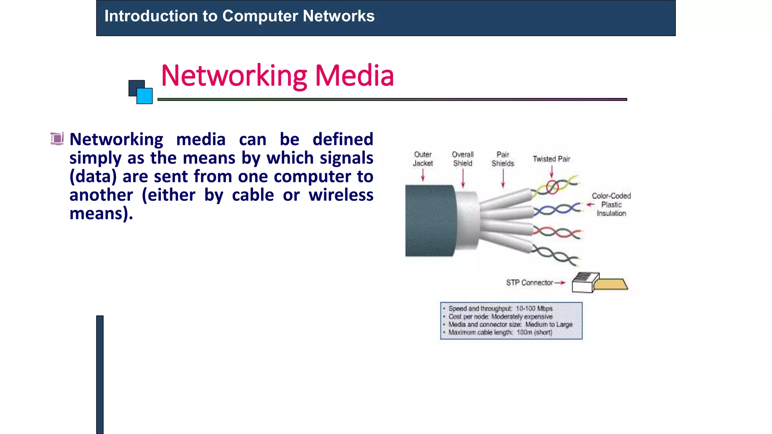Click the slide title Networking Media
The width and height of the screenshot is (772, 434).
click(x=277, y=76)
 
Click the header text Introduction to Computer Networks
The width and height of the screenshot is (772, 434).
click(x=239, y=16)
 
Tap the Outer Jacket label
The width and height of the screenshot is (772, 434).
click(x=423, y=159)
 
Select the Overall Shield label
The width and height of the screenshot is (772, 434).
click(x=463, y=159)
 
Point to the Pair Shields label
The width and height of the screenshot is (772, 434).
click(x=502, y=159)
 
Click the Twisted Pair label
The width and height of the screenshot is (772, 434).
click(x=551, y=159)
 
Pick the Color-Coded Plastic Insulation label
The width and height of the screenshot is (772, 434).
click(x=611, y=205)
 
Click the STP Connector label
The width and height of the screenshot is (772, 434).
click(x=529, y=283)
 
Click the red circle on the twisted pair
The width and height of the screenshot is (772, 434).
click(x=552, y=187)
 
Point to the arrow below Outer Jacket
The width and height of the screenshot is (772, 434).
click(x=423, y=175)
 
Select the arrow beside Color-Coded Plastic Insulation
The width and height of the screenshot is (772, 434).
click(x=590, y=205)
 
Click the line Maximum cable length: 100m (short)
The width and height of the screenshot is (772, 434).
click(x=500, y=332)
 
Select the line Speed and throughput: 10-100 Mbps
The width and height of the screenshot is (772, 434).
click(x=500, y=309)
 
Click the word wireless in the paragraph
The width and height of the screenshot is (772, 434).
click(x=341, y=195)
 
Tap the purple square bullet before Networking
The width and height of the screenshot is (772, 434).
click(x=57, y=139)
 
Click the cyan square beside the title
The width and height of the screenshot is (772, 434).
click(x=145, y=96)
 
